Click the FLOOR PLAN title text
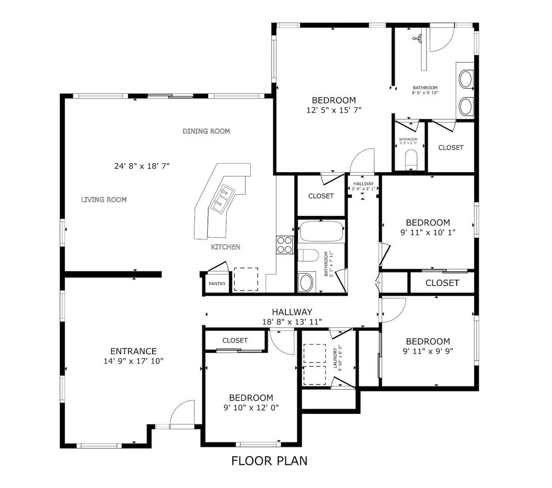pos(269,461)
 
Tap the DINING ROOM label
pos(206,131)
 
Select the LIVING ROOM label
pos(104,199)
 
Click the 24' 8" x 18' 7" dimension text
pos(142,166)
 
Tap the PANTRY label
pos(217,284)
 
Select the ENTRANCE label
pos(133,351)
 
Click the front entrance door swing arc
pos(183,412)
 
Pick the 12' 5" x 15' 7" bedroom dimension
pos(334,110)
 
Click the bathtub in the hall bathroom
pos(321,232)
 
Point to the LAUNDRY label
pos(335,358)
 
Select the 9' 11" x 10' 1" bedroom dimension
pos(428,232)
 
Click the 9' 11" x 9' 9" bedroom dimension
pos(428,351)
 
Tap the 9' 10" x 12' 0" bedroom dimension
pos(251,407)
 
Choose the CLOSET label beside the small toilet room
pos(451,147)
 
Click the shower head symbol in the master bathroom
pos(418,38)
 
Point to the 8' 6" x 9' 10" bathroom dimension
pos(425,93)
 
